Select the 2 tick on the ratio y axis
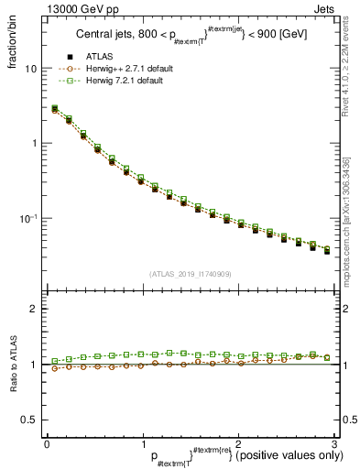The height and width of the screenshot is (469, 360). coord(34,309)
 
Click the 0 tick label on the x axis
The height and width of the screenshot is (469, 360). coord(48,443)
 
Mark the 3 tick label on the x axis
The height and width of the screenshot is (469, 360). coord(334,443)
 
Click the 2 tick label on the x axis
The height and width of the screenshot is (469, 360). coord(238,443)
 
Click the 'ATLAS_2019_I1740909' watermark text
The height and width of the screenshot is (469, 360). coord(191,274)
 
